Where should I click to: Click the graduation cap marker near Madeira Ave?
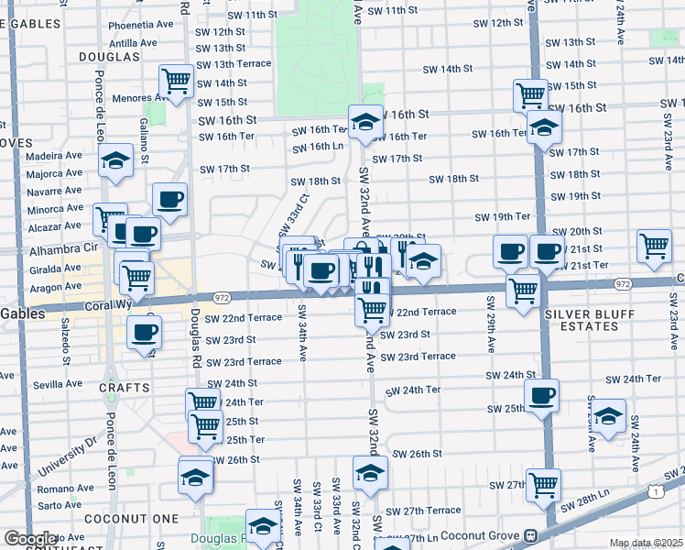(115, 161)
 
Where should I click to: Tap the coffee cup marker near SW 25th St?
(541, 395)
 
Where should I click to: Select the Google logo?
(29, 538)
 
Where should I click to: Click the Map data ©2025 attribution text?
(646, 543)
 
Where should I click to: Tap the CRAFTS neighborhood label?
(124, 388)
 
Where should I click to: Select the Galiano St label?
(145, 140)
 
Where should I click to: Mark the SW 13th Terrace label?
(234, 64)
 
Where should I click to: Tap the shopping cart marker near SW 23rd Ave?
(654, 245)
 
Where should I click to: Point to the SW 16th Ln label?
(320, 147)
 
